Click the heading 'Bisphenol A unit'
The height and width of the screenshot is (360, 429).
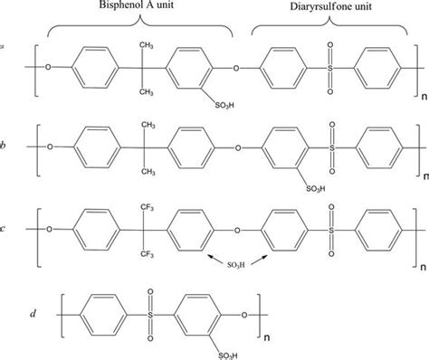[x=149, y=7]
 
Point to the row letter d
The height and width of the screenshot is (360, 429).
[x=33, y=313]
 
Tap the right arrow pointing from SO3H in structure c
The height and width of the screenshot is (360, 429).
[x=257, y=257]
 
